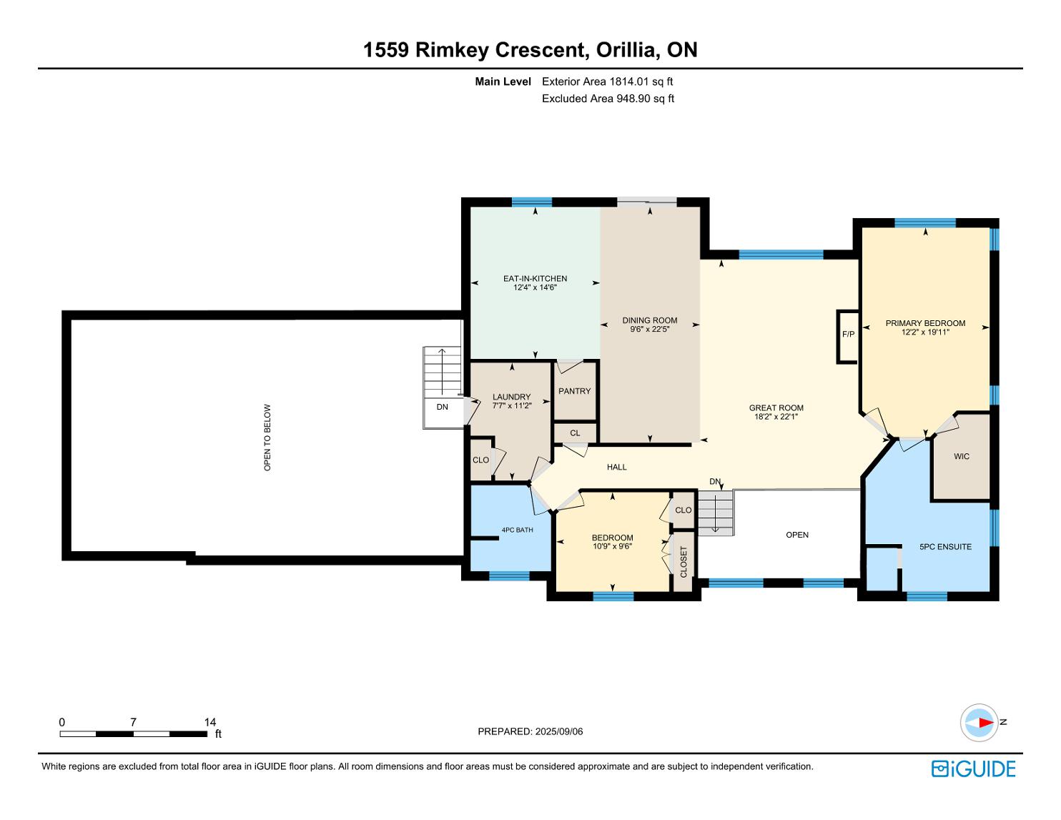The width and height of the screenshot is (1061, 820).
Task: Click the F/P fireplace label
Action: tap(848, 335)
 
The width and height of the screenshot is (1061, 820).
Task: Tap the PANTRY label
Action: tap(574, 391)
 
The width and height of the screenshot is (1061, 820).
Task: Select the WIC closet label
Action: tap(962, 456)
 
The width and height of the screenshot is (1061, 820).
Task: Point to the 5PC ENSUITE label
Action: tap(945, 547)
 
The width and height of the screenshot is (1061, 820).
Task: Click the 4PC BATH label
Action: tap(517, 530)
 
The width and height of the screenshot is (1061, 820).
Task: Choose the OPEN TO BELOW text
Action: tap(267, 438)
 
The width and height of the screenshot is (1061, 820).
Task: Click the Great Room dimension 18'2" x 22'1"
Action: tap(776, 416)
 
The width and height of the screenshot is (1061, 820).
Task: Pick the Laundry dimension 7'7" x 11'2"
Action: tap(511, 405)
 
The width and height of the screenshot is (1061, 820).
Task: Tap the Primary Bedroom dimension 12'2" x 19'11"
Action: tap(925, 332)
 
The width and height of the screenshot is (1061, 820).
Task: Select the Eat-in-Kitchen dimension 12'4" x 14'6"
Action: tap(535, 287)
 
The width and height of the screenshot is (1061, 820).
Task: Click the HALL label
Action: tap(617, 467)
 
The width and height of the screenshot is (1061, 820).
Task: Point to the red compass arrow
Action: tap(986, 722)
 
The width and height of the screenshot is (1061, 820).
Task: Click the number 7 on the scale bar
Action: tap(133, 722)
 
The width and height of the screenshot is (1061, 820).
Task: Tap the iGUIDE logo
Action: tap(973, 769)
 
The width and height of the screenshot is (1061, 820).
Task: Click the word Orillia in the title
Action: tap(626, 50)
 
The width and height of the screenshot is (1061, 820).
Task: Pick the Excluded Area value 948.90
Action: tap(633, 99)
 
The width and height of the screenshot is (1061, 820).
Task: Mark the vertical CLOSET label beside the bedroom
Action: tap(684, 562)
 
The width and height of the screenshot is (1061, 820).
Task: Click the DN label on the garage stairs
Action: tap(442, 407)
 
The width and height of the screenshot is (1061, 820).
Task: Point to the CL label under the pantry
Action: tap(575, 433)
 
